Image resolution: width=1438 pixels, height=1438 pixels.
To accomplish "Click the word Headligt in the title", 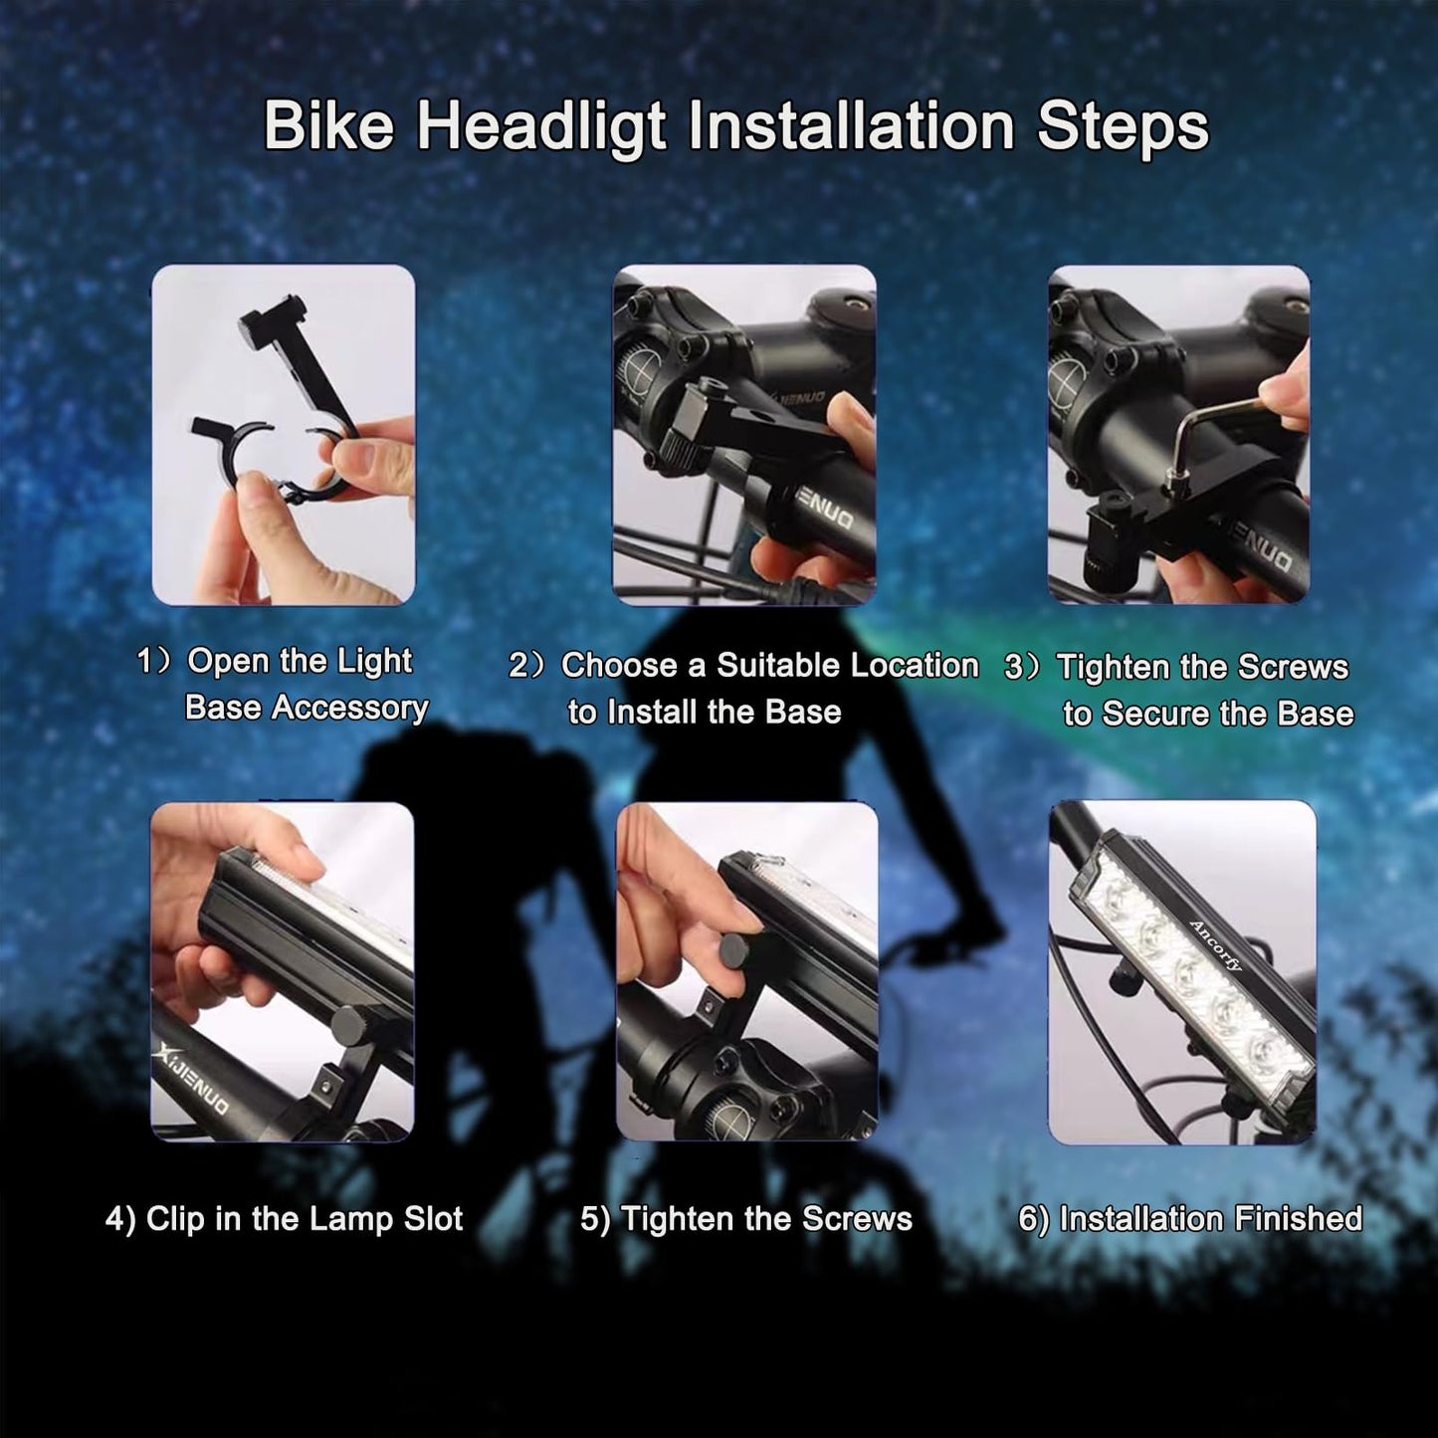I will point(541,126).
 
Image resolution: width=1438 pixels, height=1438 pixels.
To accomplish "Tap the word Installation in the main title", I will point(851,126).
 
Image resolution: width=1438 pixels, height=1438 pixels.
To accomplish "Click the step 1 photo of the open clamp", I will point(283,435).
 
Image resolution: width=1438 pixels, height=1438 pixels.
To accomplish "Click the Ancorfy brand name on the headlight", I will point(1215,946).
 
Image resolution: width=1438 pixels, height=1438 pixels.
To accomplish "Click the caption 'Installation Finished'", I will point(1210,1219).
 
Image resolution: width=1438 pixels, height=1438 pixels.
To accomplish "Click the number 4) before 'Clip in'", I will point(120,1219).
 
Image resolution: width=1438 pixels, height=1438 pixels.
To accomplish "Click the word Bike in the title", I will point(328,126).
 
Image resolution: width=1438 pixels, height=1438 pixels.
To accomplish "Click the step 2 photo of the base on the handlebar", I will point(744,435).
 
